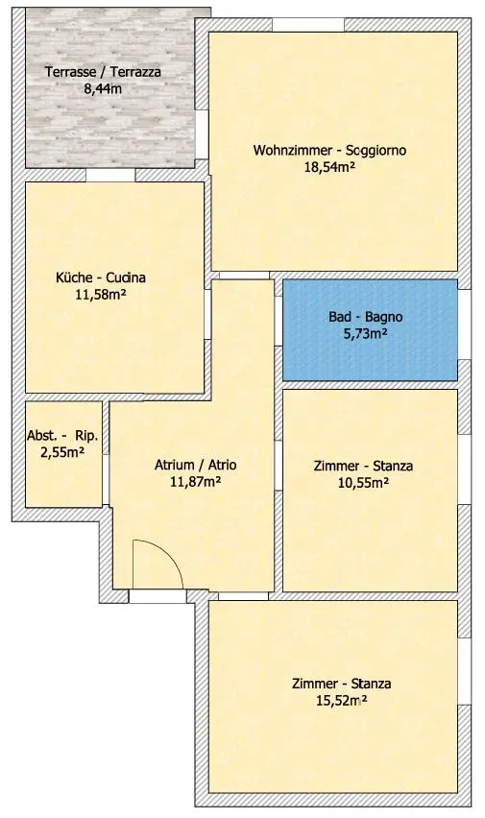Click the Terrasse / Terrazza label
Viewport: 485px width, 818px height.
point(103,71)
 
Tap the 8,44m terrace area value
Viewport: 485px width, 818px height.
point(103,88)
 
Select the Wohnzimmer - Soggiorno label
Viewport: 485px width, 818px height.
point(329,150)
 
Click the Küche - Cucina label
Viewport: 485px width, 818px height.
point(101,277)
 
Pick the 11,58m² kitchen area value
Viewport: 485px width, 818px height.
point(101,294)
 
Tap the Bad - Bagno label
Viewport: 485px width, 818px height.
point(366,317)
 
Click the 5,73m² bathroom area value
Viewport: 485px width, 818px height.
point(365,333)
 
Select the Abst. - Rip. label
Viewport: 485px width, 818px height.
point(62,436)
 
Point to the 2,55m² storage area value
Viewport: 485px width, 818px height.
point(62,452)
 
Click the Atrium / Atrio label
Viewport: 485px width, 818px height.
point(195,465)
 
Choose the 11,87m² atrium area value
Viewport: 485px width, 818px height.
point(195,482)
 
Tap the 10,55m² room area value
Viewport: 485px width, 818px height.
point(363,483)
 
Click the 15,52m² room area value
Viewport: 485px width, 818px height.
point(342,700)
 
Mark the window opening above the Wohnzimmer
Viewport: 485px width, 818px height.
point(308,25)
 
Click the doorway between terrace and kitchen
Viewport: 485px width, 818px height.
point(110,175)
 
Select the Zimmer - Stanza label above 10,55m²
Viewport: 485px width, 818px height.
point(363,466)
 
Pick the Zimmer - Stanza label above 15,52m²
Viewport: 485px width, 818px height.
point(342,684)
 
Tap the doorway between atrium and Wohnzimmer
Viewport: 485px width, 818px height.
point(244,276)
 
